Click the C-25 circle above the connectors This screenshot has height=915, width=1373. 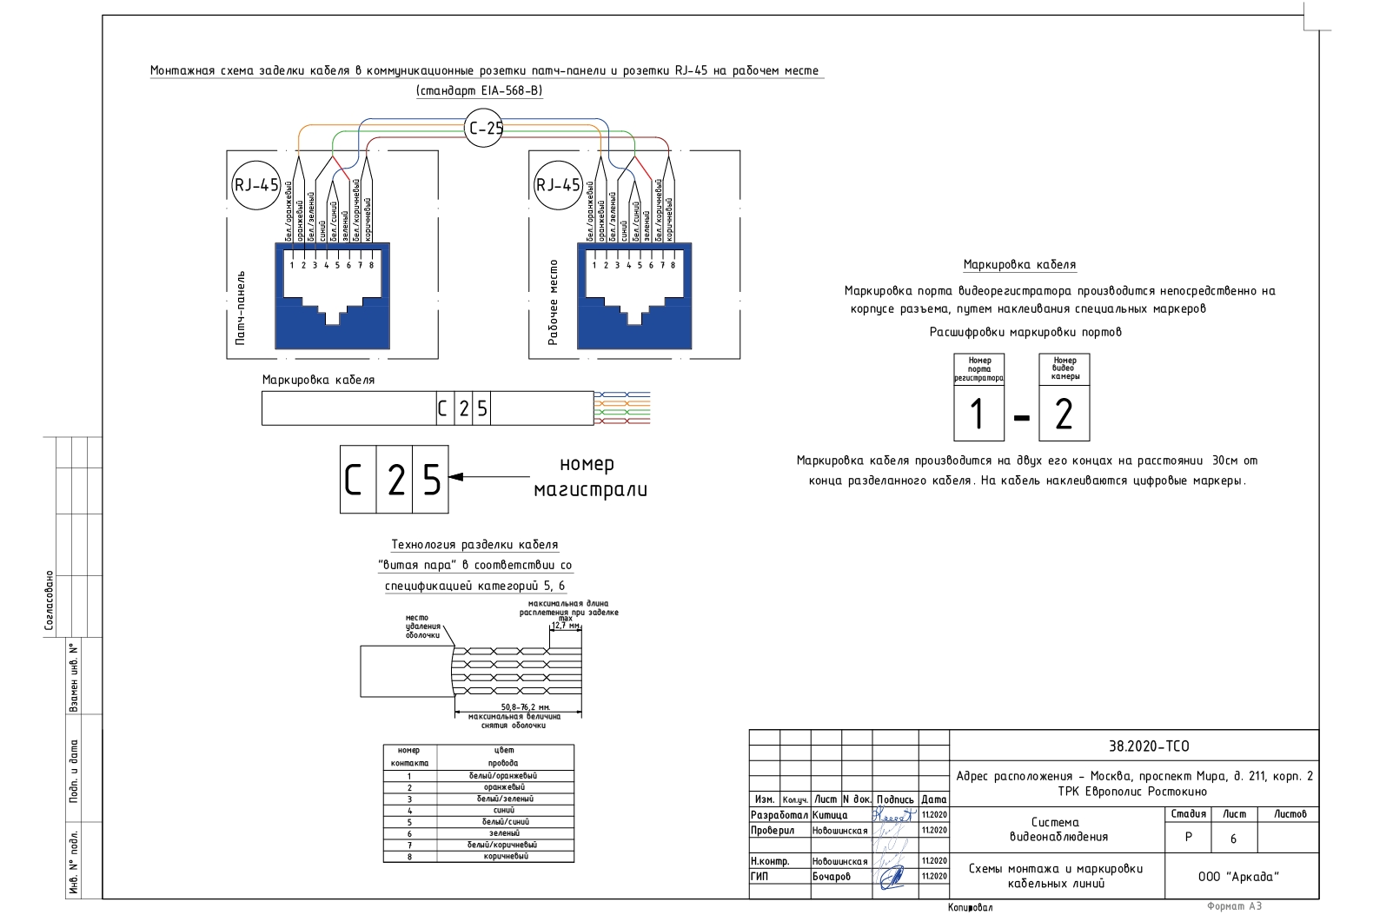484,129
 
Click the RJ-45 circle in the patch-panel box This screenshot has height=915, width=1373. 256,185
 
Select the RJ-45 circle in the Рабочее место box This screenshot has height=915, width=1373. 558,185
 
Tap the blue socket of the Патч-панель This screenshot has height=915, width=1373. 332,296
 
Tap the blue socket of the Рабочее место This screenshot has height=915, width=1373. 634,296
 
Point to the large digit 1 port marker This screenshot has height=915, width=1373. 978,414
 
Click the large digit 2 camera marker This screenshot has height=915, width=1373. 1064,414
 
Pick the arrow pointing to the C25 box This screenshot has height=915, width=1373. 487,476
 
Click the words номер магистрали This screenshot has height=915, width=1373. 589,477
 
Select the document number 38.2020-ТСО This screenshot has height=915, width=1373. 1148,746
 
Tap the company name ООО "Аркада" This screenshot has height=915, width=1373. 1238,876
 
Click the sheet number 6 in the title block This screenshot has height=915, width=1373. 1233,839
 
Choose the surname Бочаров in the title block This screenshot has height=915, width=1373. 832,876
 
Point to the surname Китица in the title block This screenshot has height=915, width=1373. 830,815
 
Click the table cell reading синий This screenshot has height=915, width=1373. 504,810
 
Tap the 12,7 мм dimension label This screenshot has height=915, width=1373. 566,625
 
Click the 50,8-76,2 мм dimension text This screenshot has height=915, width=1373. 526,707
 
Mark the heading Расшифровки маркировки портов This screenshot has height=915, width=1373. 1025,332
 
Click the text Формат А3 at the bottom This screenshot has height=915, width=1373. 1234,906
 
